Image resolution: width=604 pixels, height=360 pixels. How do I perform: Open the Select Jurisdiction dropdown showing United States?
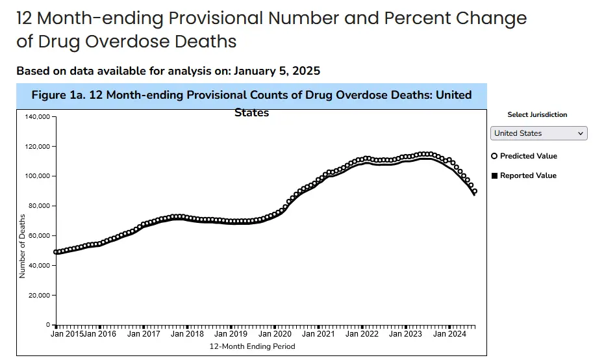pos(538,133)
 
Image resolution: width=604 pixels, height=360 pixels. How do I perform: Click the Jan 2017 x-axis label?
pos(144,334)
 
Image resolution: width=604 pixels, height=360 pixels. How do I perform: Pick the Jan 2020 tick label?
pos(275,334)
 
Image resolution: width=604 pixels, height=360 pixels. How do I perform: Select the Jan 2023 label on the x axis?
pos(405,334)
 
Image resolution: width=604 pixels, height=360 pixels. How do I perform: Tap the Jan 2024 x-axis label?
pos(449,334)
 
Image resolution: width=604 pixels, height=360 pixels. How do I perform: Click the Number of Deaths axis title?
pos(23,246)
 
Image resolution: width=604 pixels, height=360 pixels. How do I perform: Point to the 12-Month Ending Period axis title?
pos(252,346)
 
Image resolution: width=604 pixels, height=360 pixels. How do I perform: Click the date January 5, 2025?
pos(277,71)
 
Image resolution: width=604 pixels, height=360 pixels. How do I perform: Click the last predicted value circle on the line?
pos(475,191)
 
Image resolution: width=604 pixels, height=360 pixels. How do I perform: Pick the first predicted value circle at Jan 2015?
pos(56,252)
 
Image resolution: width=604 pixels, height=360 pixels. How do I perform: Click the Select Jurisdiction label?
pos(537,114)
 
